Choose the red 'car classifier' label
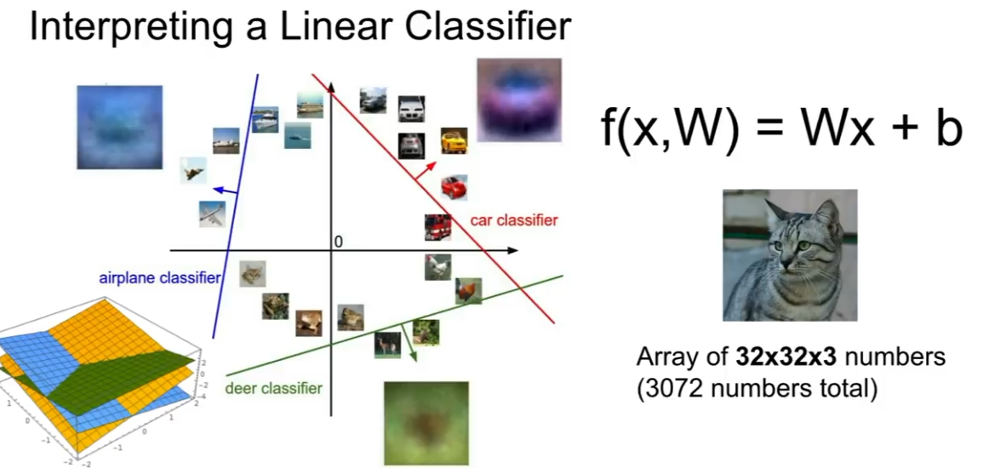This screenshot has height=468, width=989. click(x=513, y=220)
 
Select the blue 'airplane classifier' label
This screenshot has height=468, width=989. click(x=160, y=277)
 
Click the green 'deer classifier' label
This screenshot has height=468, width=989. click(x=273, y=389)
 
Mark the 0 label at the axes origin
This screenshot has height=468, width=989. click(x=338, y=243)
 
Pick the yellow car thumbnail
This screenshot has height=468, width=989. click(x=454, y=140)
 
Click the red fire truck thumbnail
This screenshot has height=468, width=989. click(x=437, y=227)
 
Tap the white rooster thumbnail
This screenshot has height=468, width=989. click(x=437, y=267)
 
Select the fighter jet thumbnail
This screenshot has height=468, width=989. click(x=193, y=170)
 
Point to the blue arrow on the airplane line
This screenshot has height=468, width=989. click(x=225, y=191)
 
